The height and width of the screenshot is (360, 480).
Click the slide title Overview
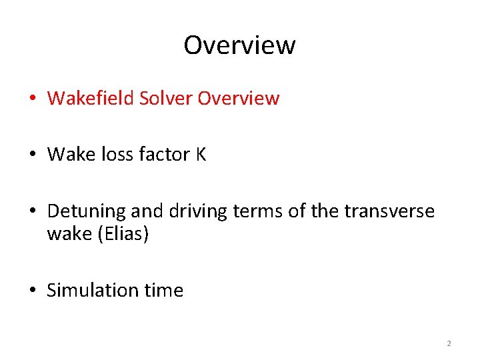pyautogui.click(x=239, y=45)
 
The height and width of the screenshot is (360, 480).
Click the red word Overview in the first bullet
pyautogui.click(x=239, y=99)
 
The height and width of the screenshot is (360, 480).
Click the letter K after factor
pyautogui.click(x=201, y=155)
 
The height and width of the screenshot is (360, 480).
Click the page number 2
pyautogui.click(x=449, y=343)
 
